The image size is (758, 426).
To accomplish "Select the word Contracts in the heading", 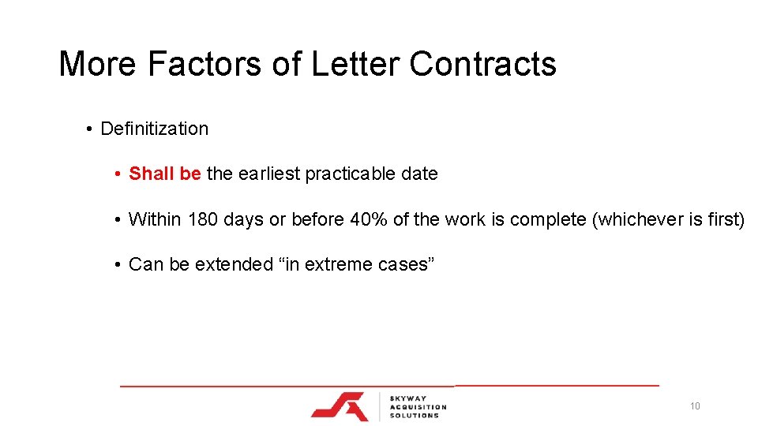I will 482,64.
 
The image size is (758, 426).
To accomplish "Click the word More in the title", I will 98,64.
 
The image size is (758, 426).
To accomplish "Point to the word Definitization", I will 155,129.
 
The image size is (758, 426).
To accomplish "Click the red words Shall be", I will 164,174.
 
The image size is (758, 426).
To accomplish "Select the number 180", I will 203,219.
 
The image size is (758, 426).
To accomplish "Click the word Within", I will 156,219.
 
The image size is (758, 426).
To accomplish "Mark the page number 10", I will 695,406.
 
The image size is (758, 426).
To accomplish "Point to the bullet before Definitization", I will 92,129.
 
